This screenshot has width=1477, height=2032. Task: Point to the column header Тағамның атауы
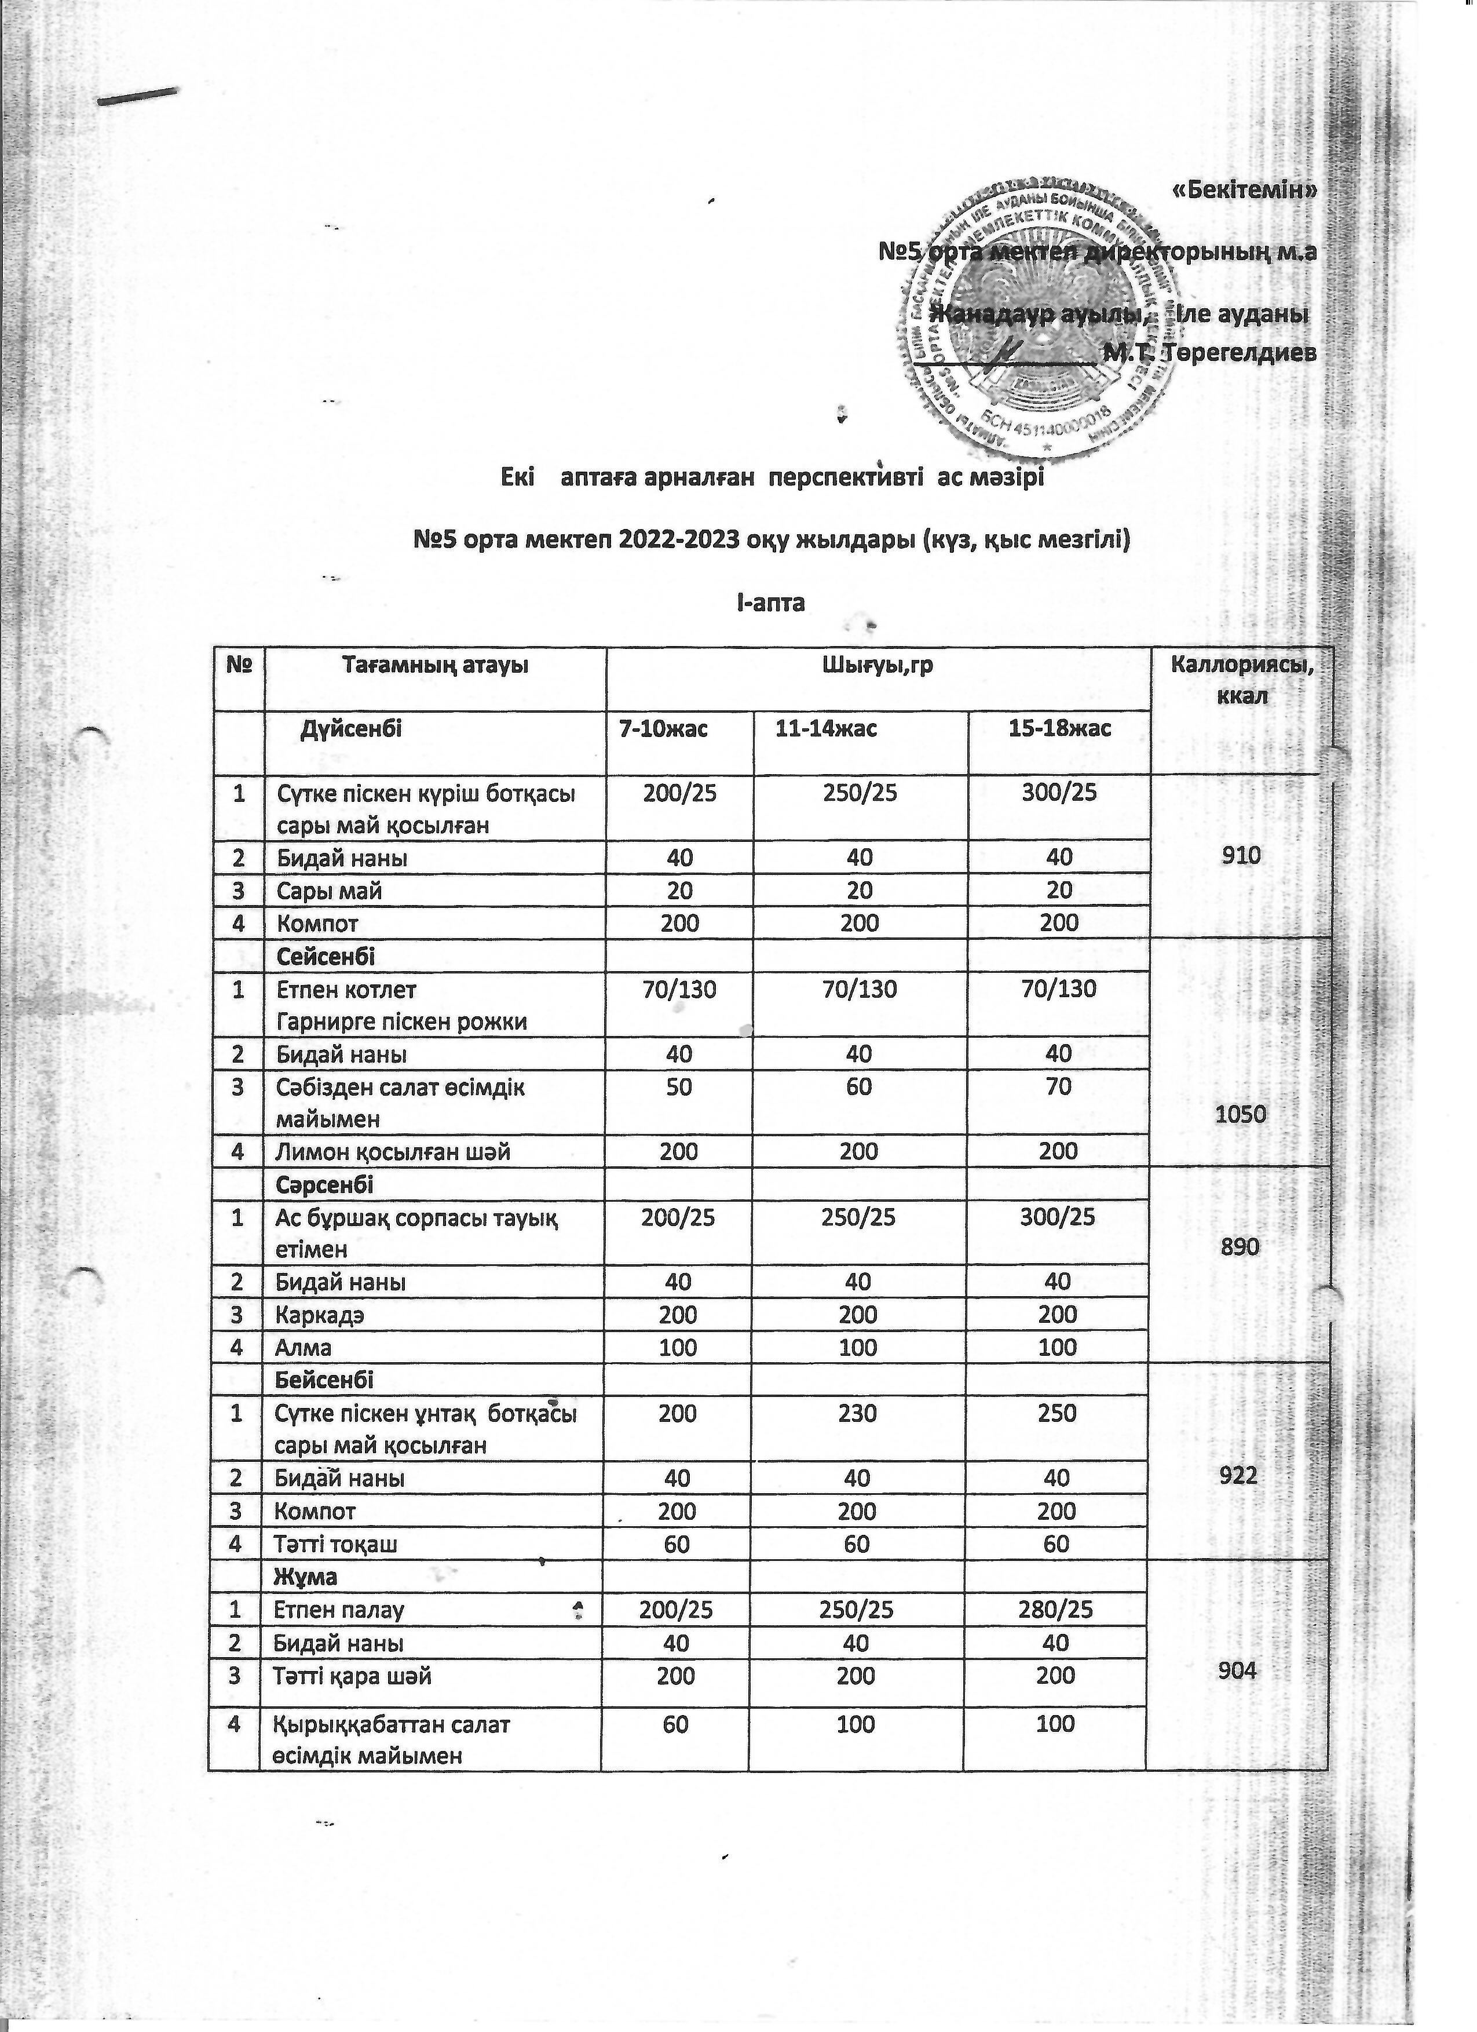pyautogui.click(x=436, y=666)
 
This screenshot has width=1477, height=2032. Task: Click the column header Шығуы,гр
pyautogui.click(x=876, y=666)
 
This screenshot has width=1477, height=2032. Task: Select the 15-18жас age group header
pyautogui.click(x=1059, y=728)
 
